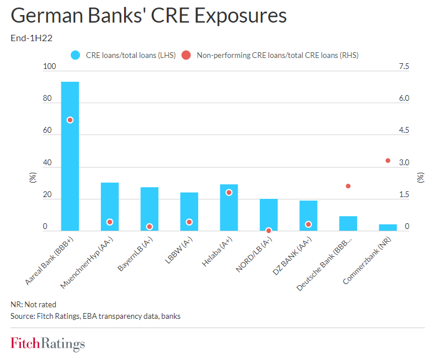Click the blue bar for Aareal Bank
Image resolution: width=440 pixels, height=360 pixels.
coord(70,157)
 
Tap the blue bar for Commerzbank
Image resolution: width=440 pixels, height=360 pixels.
coord(388,227)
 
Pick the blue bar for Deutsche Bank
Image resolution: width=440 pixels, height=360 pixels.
coord(348,223)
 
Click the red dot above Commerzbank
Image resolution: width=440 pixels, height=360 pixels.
coord(388,161)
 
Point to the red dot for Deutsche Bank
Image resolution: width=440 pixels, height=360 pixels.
coord(348,186)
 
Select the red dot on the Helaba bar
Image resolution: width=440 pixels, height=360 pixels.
coord(229,192)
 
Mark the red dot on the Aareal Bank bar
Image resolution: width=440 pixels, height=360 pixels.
coord(70,120)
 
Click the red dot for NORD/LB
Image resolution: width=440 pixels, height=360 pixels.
coord(268,230)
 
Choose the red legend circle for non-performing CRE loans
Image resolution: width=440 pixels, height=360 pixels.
coord(186,55)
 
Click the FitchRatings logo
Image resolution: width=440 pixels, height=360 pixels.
coord(48,344)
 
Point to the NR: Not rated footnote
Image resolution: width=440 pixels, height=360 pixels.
coord(34,304)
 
